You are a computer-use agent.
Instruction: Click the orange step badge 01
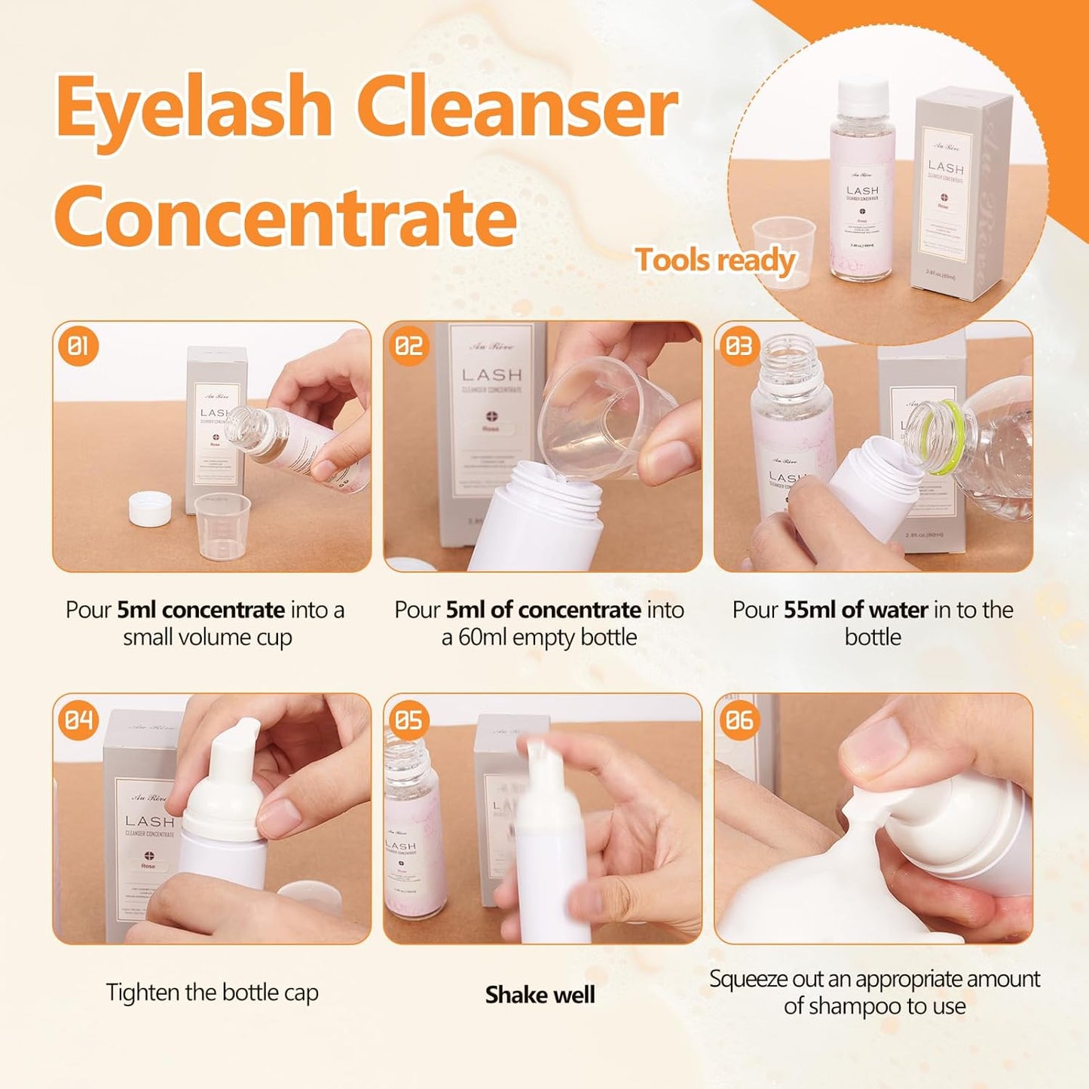tap(78, 347)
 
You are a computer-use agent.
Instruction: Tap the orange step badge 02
tap(408, 347)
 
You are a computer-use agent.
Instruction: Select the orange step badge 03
tap(739, 347)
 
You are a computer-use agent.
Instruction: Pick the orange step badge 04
tap(78, 720)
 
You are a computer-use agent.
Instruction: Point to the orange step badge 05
tap(408, 720)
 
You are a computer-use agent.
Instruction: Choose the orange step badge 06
tap(739, 720)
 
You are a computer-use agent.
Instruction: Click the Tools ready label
tap(715, 261)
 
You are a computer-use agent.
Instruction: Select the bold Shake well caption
tap(540, 995)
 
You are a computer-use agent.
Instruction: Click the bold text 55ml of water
tap(855, 610)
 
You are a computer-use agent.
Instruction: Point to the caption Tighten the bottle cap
tap(212, 993)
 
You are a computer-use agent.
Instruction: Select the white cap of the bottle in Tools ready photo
tap(864, 94)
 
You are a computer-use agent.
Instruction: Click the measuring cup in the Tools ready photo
tap(784, 249)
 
